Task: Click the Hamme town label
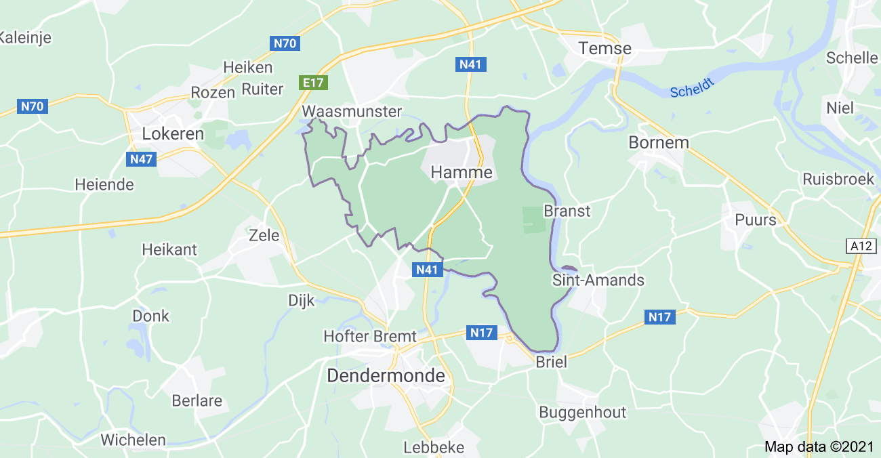coord(462,173)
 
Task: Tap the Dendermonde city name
coord(386,376)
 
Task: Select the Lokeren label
coord(173,134)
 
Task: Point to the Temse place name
coord(605,48)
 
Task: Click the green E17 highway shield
coord(314,83)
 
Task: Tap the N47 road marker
coord(141,159)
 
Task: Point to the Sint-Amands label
coord(598,280)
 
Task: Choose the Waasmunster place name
coord(352,111)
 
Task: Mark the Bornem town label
coord(659,143)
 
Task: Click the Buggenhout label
coord(582,412)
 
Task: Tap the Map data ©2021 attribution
coord(820,446)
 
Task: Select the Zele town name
coord(264,235)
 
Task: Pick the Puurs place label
coord(756,220)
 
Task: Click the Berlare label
coord(197,400)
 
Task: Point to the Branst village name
coord(567,211)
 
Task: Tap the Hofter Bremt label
coord(369,336)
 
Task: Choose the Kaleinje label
coord(25,37)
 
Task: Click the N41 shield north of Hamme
coord(470,64)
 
